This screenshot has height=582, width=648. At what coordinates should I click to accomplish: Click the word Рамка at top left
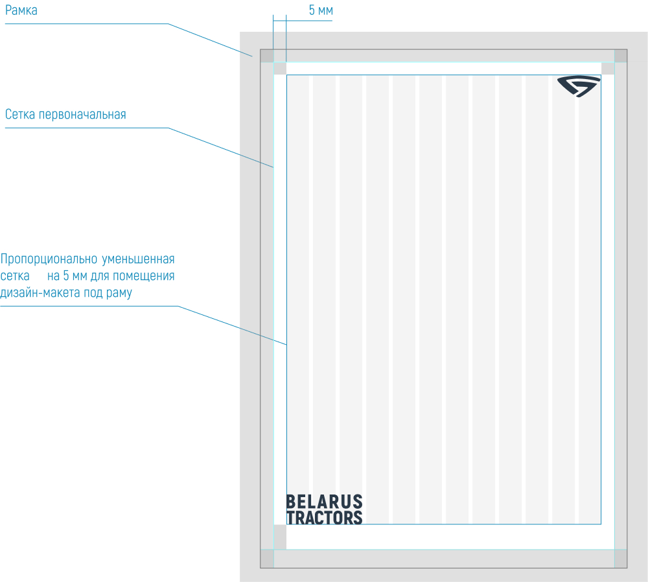coord(21,10)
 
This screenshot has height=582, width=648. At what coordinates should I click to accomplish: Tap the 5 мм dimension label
coord(321,11)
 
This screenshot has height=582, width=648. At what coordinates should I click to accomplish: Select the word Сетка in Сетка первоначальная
coord(20,115)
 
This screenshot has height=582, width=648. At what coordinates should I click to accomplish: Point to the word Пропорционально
coord(48,260)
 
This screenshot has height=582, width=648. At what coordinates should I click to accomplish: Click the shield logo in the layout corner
coord(578,86)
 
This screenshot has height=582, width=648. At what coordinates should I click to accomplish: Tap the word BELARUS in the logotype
coord(324,502)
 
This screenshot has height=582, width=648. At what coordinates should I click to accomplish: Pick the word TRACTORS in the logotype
coord(324,517)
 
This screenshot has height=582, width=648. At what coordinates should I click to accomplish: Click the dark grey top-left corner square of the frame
coord(266,56)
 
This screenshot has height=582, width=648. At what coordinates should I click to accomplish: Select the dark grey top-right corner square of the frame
coord(621,56)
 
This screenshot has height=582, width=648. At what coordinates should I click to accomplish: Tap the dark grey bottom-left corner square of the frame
coord(266,559)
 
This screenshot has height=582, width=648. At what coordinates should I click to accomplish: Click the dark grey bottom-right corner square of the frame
coord(621,559)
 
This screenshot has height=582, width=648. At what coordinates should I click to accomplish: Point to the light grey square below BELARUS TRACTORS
coord(280,537)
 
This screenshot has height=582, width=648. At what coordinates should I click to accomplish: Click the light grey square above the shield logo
coord(608,68)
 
